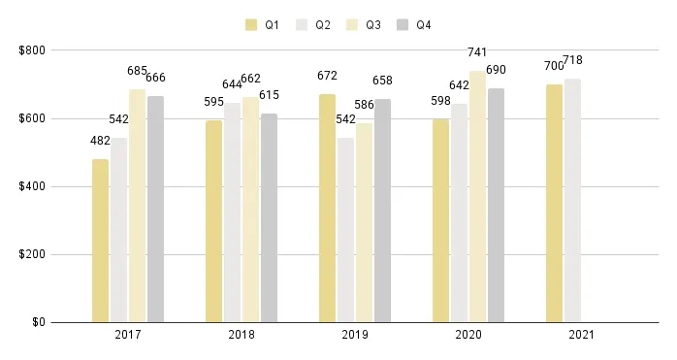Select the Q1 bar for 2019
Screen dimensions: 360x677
pyautogui.click(x=327, y=208)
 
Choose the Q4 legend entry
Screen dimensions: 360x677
pyautogui.click(x=413, y=25)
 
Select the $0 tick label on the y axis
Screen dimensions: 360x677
pyautogui.click(x=37, y=322)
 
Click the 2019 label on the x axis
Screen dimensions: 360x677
pyautogui.click(x=355, y=335)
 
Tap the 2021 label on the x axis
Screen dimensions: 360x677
pyautogui.click(x=582, y=335)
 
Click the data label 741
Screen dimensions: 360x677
pyautogui.click(x=477, y=52)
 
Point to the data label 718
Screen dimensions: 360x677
pyautogui.click(x=572, y=60)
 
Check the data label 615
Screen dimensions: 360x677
pyautogui.click(x=269, y=95)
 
